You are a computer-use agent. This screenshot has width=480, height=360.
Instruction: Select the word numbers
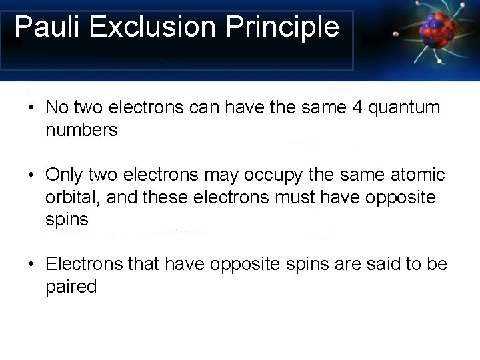[x=81, y=130]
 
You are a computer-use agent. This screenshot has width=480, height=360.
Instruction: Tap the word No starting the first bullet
[x=57, y=108]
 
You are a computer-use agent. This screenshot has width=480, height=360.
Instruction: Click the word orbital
[x=73, y=198]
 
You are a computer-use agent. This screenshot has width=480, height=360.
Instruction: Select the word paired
[x=71, y=287]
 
